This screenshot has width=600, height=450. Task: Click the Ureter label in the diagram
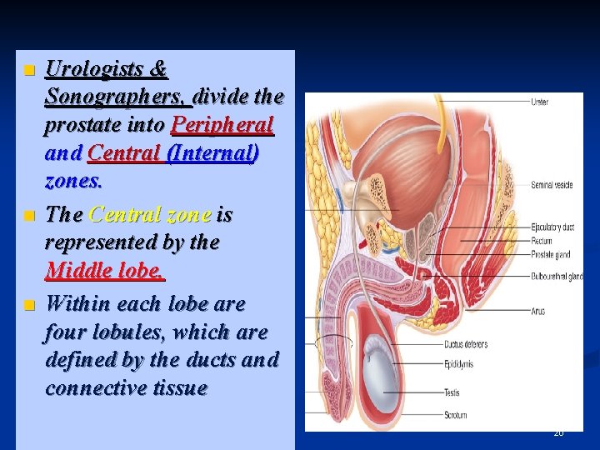(540, 102)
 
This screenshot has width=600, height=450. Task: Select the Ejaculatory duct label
(552, 227)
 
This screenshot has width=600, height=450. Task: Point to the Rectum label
(542, 241)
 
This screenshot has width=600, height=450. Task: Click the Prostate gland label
(550, 255)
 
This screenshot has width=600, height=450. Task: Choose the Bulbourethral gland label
(557, 276)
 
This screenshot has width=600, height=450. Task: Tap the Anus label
(537, 312)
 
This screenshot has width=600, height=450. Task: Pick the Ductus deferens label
(465, 343)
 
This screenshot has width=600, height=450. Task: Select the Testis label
(452, 392)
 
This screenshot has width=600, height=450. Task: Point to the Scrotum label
(456, 414)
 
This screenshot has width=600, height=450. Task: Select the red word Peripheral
(222, 125)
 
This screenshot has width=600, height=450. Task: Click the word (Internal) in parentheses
(213, 154)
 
